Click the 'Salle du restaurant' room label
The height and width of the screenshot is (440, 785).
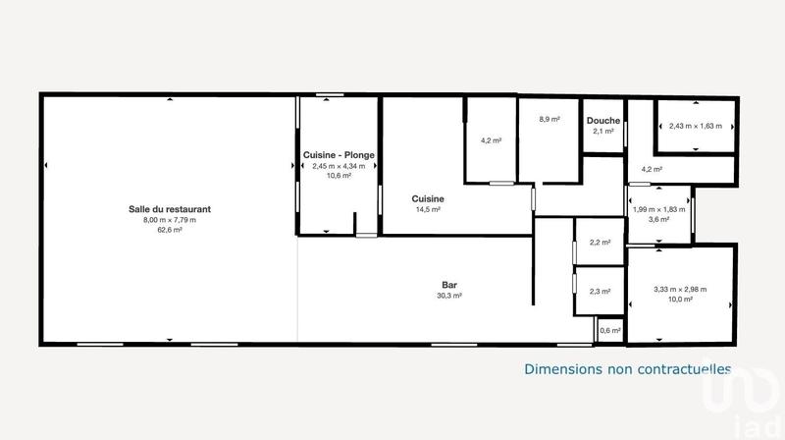pos(170,208)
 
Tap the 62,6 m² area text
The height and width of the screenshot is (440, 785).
pos(170,230)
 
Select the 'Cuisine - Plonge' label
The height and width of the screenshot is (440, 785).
pos(339,155)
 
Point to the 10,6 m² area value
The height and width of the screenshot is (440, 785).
pos(339,178)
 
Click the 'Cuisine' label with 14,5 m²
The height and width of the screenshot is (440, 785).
pos(428,197)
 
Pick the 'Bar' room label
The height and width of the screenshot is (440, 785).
pos(450,285)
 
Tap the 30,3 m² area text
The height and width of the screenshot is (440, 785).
pos(450,295)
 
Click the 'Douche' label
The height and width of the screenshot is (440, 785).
pos(602,121)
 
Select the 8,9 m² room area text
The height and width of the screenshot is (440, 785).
pos(549,119)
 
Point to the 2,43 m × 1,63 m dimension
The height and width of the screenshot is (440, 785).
pos(696,126)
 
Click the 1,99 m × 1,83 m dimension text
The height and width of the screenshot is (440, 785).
pos(658,208)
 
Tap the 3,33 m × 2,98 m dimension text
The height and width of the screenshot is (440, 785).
pos(680,289)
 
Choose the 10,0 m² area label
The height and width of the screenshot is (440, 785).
pos(680,300)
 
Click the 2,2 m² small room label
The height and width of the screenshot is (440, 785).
pos(600,243)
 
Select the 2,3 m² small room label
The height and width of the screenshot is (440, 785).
pos(600,291)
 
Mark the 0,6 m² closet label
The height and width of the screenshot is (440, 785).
pos(608,331)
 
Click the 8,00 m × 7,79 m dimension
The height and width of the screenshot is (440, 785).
pos(170,219)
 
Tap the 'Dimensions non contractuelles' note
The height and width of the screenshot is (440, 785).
pos(628,369)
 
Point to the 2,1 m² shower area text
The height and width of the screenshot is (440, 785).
pos(602,131)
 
